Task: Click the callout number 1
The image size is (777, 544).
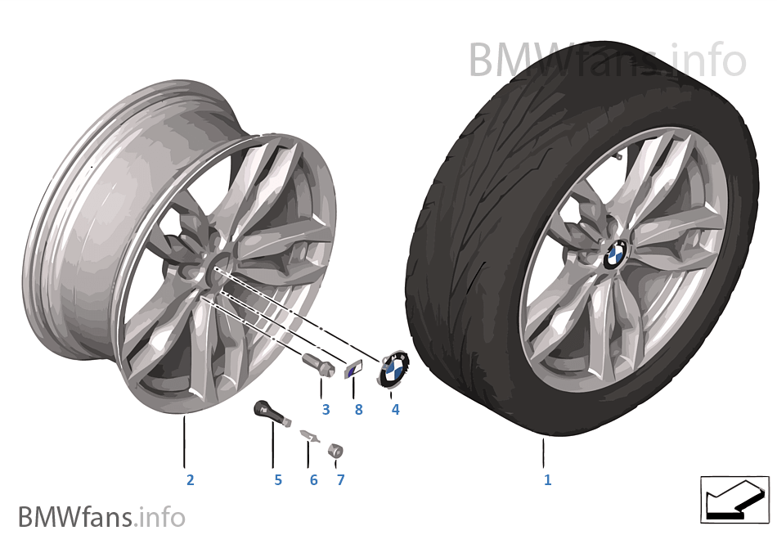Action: pos(547,479)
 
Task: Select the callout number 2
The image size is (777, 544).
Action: pos(191,479)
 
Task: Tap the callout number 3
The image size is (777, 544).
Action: pos(326,410)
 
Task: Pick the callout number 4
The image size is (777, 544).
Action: pos(395,410)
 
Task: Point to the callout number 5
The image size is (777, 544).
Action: pos(278,479)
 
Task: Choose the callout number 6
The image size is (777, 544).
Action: pos(314,479)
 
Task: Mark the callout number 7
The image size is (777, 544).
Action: pos(340,479)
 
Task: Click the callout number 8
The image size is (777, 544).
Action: pos(359,410)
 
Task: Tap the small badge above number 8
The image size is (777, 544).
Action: pos(353,370)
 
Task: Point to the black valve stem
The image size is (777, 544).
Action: pos(272,414)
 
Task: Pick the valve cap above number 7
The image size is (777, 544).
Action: pos(335,450)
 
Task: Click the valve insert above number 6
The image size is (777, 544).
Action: pos(310,435)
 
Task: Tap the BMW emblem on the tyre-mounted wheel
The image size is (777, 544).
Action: pos(615,254)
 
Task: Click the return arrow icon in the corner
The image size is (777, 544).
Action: pos(734,500)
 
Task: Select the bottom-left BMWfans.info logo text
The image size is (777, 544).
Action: pos(101,517)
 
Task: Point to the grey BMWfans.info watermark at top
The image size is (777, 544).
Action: pos(607,60)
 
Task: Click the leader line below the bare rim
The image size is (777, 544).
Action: pos(184,442)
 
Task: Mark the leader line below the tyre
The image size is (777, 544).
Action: pos(544,452)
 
